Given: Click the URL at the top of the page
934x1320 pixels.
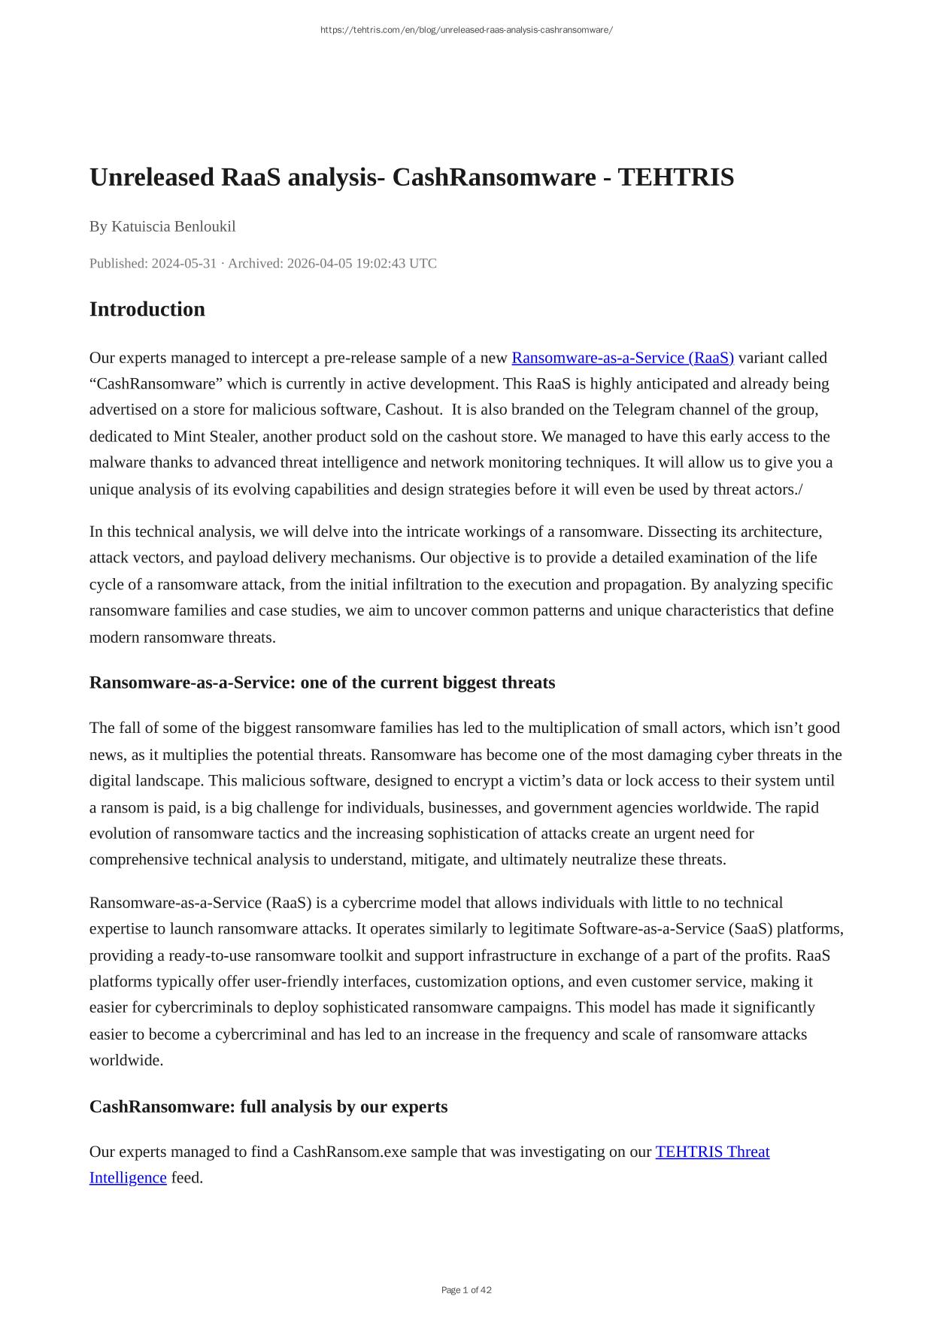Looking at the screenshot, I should click(x=466, y=30).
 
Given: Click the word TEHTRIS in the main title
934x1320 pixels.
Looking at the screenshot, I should click(x=675, y=177).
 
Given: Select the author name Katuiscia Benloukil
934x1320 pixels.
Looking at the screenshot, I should click(x=173, y=226).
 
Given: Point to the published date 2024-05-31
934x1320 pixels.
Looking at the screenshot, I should click(x=183, y=263).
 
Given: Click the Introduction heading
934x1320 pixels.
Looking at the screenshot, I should click(x=147, y=309).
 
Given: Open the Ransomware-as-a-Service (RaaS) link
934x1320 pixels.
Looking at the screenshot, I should click(x=622, y=358).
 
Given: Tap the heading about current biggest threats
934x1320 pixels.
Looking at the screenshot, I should click(x=322, y=683).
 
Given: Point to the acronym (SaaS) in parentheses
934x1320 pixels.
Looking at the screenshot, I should click(x=750, y=929).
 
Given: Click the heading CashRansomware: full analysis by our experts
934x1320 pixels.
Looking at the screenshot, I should click(x=268, y=1107).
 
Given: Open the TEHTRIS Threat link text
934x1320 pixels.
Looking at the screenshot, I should click(x=712, y=1152).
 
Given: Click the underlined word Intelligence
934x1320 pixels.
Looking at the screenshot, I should click(x=128, y=1178).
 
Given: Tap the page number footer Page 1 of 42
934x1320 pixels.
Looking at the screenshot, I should click(x=466, y=1290).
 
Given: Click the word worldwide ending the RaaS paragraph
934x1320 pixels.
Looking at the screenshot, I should click(x=125, y=1061).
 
